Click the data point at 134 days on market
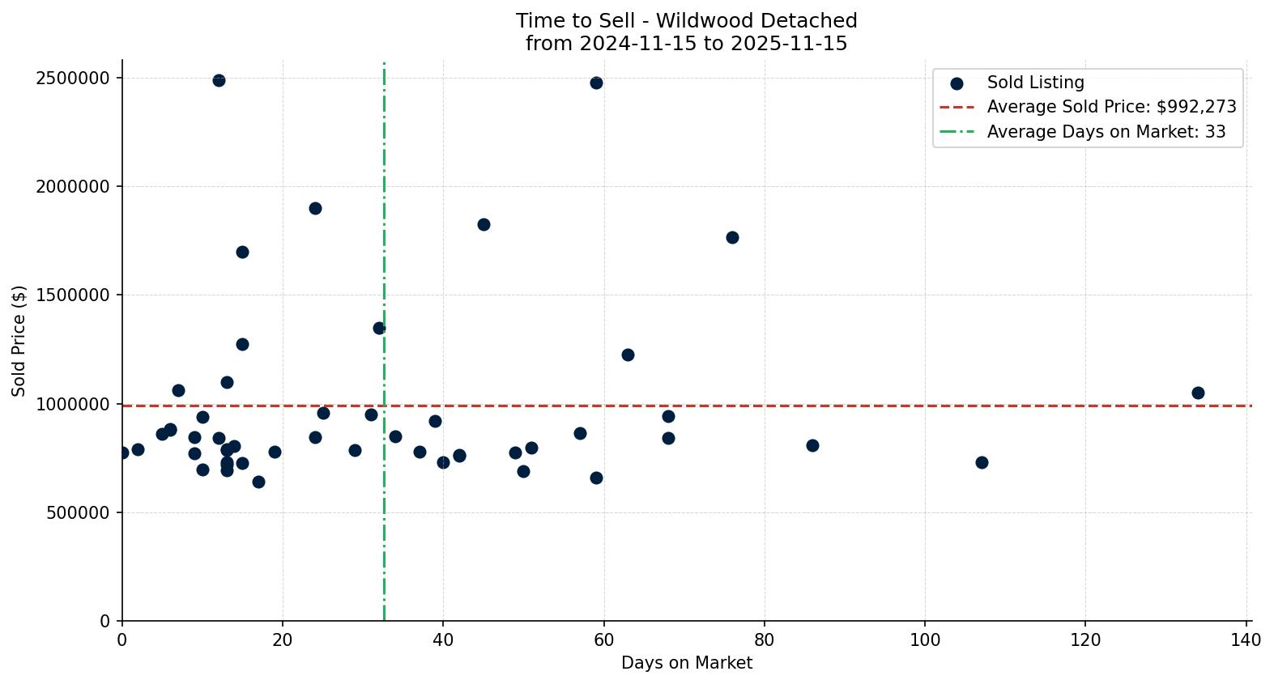coord(1198,393)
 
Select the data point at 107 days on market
coord(982,462)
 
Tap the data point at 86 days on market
coord(812,445)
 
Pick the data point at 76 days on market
coord(732,237)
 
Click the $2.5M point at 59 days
coord(596,83)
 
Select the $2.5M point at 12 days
coord(219,80)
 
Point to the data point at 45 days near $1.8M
coord(484,224)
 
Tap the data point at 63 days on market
coord(628,355)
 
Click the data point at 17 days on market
coord(258,482)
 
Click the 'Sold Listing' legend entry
coord(1035,83)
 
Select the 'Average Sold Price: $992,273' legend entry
coord(1111,107)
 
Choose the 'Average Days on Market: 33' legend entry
coord(1106,132)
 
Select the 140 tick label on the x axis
coord(1246,640)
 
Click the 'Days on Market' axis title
coord(687,663)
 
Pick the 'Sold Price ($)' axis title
coord(19,341)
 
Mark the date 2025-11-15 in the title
coord(788,44)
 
